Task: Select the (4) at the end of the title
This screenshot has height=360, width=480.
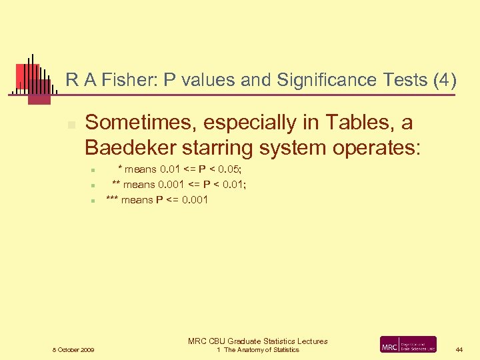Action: (445, 81)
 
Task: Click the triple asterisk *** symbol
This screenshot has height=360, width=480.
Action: (112, 199)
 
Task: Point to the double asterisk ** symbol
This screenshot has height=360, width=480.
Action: (116, 185)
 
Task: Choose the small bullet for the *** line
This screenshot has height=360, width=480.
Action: (95, 200)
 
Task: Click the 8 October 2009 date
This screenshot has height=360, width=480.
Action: (73, 349)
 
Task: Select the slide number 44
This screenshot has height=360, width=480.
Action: (459, 349)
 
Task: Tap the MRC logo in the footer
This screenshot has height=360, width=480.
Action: (408, 344)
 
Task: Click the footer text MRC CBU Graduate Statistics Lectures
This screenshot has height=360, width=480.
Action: (258, 341)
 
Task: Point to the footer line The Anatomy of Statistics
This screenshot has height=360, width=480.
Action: (261, 349)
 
